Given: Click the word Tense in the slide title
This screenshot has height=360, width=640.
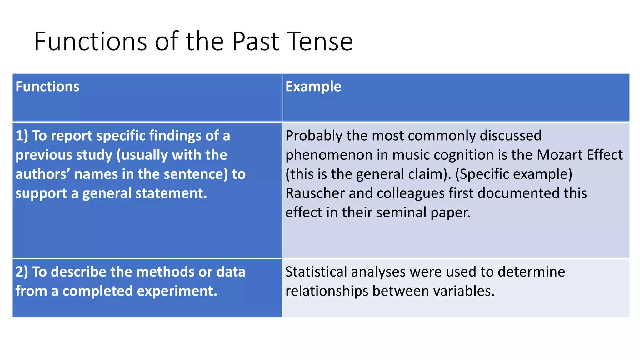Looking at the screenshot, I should click(x=320, y=42).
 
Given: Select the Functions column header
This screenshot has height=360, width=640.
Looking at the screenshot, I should click(x=47, y=87).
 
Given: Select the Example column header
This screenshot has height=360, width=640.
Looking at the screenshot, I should click(x=313, y=87).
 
